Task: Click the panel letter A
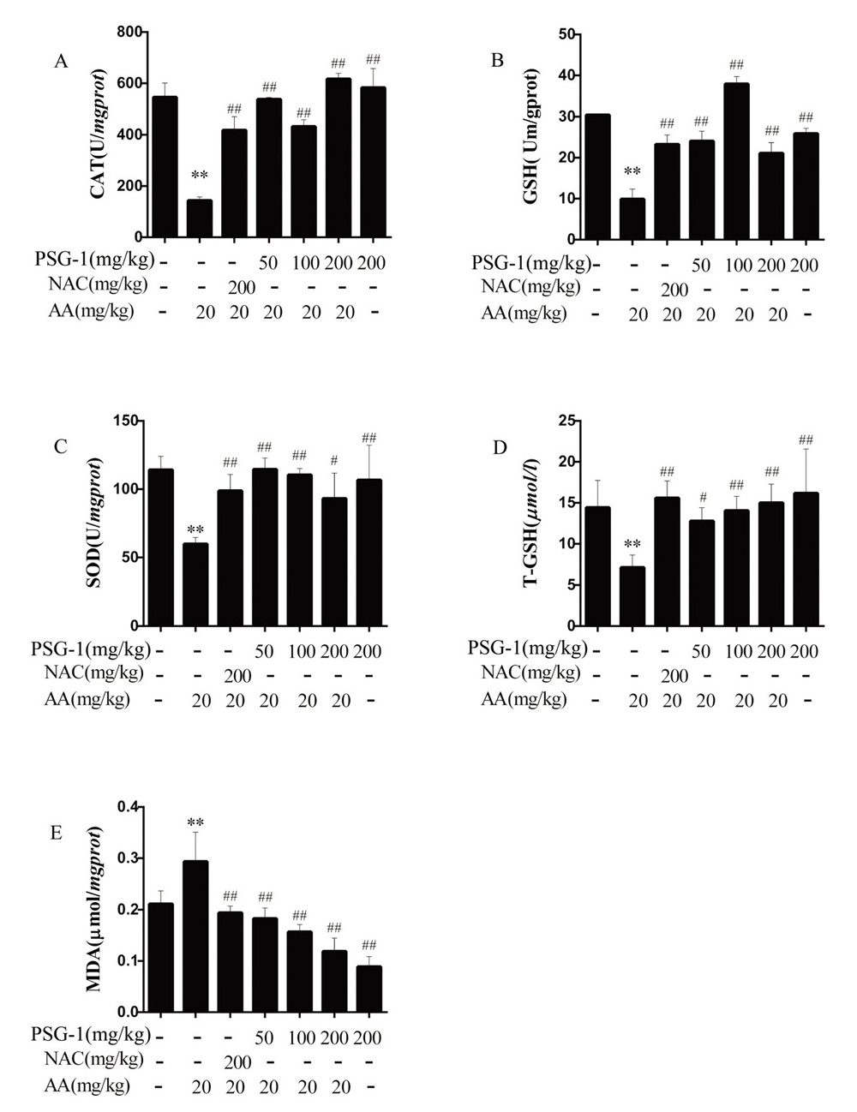click(x=61, y=61)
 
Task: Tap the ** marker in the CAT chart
click(x=200, y=176)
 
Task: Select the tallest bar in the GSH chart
click(x=735, y=160)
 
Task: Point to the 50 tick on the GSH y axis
click(x=566, y=34)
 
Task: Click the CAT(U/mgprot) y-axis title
click(x=99, y=133)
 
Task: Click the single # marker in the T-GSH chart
click(x=702, y=498)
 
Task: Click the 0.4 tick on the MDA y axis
click(x=128, y=806)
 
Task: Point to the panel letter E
click(x=57, y=832)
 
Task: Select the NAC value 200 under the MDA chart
click(x=237, y=1062)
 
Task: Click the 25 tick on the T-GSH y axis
click(x=565, y=421)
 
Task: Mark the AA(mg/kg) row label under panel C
click(x=88, y=699)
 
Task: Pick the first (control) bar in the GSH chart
click(x=597, y=176)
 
